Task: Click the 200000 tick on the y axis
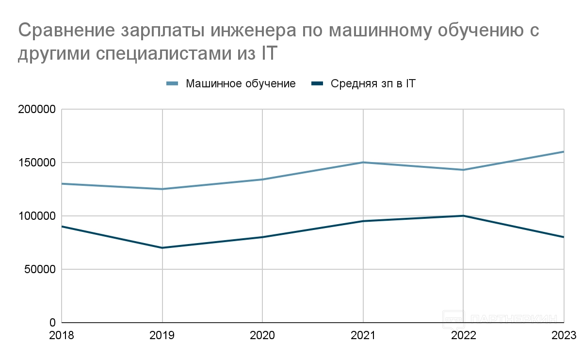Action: coord(37,110)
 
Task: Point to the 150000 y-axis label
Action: coord(37,163)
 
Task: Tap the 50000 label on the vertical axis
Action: coord(40,269)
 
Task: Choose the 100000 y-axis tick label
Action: coord(37,216)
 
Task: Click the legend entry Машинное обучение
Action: coord(241,83)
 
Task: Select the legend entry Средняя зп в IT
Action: coord(373,83)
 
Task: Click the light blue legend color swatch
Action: coord(173,83)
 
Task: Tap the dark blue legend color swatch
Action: coord(318,83)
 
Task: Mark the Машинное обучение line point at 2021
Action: coord(363,163)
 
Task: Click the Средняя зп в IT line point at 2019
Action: coord(162,248)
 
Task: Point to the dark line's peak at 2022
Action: coord(463,216)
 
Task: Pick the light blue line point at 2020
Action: coord(262,180)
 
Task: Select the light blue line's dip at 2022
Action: coord(463,170)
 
